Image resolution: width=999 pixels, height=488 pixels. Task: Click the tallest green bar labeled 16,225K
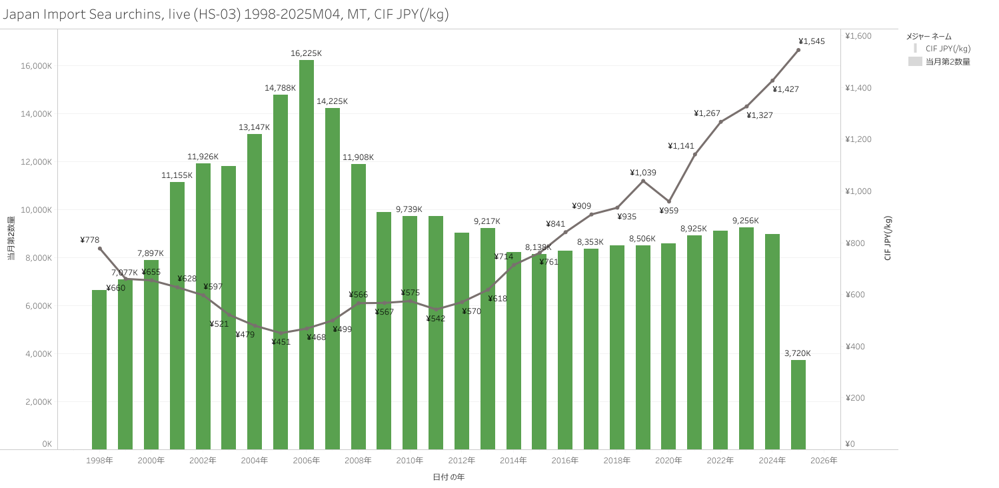[x=307, y=253]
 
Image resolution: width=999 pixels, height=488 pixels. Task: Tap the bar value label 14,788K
[x=281, y=88]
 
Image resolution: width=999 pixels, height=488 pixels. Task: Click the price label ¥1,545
[x=811, y=41]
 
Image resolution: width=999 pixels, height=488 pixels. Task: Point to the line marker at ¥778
[x=100, y=249]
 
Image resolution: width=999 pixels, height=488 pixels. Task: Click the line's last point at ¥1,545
[x=798, y=50]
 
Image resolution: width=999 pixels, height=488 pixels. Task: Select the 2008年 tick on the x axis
[x=359, y=461]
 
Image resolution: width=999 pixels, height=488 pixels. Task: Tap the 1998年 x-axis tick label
[x=99, y=461]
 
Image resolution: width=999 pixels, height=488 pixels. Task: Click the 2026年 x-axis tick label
[x=824, y=461]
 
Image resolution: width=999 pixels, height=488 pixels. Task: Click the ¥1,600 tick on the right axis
[x=858, y=36]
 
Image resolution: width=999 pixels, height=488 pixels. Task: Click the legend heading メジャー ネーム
[x=929, y=36]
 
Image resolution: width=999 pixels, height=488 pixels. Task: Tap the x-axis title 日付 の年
[x=449, y=477]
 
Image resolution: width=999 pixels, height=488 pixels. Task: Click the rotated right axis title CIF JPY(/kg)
[x=888, y=238]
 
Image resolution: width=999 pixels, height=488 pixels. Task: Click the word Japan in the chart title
[x=20, y=15]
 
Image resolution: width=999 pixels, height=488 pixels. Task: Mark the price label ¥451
[x=281, y=342]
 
